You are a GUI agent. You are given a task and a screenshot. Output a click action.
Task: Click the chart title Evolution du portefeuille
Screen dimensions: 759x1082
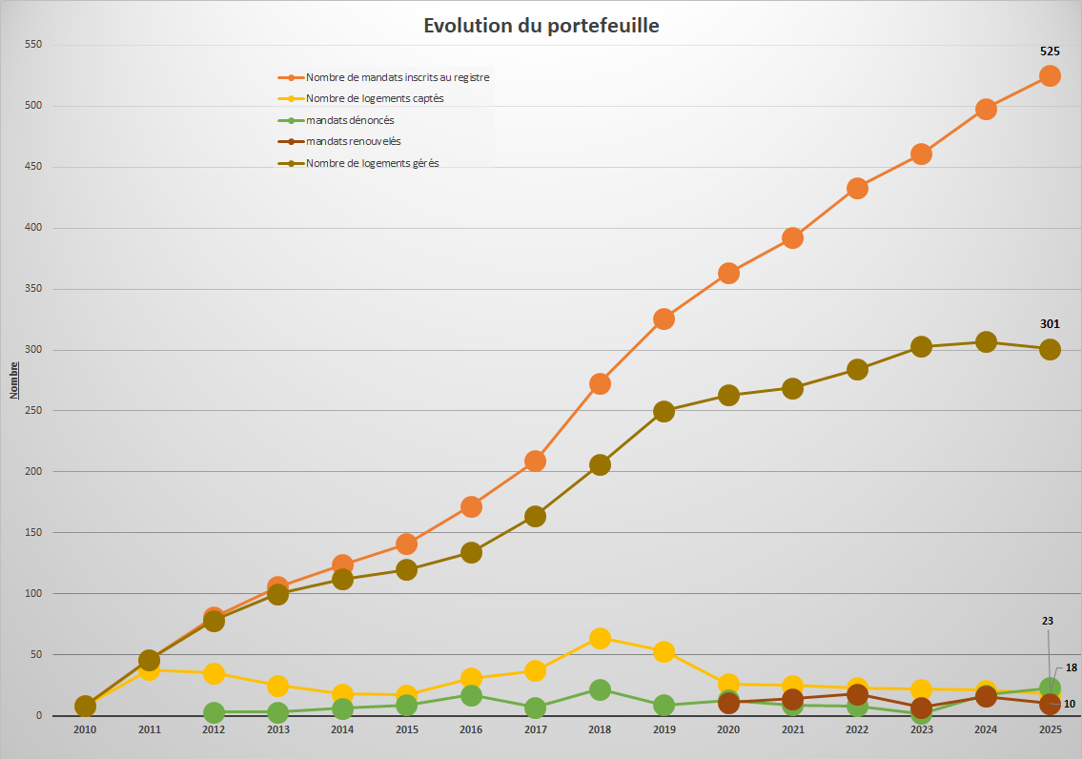click(541, 26)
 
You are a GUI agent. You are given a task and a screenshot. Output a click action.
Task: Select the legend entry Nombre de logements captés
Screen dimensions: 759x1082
click(375, 98)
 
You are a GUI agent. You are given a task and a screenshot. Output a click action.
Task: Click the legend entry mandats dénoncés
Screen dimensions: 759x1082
click(350, 120)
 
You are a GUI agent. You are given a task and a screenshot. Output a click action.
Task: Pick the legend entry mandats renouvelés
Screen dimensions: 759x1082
click(353, 141)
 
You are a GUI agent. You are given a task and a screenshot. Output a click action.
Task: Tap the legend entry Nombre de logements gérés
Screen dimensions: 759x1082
click(372, 163)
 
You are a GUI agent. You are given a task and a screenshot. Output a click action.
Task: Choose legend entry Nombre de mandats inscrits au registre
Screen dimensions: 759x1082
click(398, 77)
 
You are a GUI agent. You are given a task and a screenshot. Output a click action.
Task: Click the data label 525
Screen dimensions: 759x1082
click(1050, 52)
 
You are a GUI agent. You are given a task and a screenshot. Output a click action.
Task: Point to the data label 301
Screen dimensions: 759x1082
click(1050, 324)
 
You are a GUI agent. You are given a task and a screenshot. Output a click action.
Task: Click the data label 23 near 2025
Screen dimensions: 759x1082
click(1048, 621)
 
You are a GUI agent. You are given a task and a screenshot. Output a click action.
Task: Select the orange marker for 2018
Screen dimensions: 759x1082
click(600, 383)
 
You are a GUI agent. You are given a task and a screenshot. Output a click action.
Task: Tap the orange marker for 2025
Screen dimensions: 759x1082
click(1050, 75)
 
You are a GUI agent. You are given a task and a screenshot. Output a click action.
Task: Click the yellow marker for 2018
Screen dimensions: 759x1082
click(600, 638)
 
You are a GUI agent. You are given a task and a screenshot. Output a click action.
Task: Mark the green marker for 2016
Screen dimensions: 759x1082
click(471, 695)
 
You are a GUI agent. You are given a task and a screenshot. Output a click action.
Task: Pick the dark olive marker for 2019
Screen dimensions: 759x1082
click(663, 411)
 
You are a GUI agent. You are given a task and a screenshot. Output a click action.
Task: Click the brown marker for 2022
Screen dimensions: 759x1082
click(857, 694)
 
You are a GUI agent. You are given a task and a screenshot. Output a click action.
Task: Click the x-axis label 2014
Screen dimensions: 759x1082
click(342, 729)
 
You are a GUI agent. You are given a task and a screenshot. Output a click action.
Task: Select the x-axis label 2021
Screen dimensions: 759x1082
click(792, 729)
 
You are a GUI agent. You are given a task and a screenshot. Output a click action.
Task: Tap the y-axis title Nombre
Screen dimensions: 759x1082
click(14, 380)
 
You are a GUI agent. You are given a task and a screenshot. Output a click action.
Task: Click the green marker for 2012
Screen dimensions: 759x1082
click(214, 712)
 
